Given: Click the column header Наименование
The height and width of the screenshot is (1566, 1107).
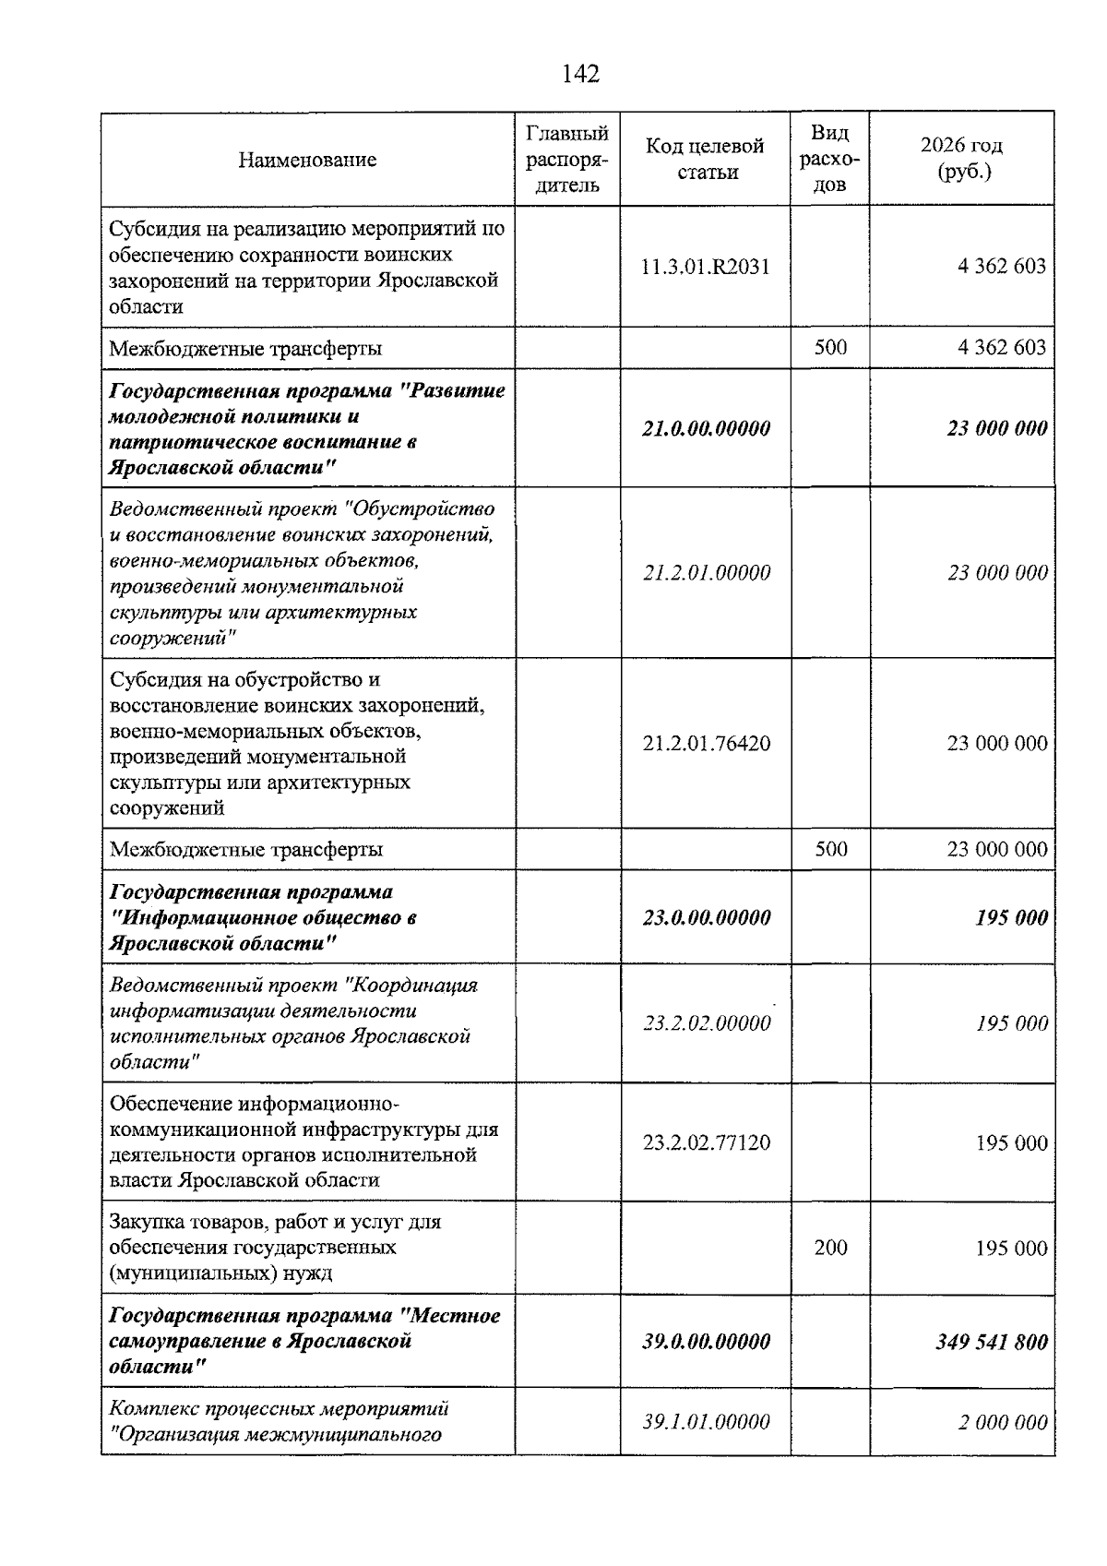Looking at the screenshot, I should tap(307, 160).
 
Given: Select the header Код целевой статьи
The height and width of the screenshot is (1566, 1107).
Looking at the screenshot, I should tap(705, 159).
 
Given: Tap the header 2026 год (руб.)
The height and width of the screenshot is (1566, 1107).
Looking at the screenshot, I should tap(961, 159).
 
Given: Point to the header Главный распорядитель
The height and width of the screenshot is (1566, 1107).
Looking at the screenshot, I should tap(566, 160).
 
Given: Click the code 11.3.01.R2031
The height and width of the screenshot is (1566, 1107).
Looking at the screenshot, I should tap(705, 267).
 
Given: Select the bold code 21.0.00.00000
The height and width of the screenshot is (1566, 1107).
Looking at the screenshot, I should tap(706, 428).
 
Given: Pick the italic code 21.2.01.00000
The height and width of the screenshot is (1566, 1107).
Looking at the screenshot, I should tap(706, 573).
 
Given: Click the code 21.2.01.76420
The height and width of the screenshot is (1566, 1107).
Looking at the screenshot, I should tap(706, 744).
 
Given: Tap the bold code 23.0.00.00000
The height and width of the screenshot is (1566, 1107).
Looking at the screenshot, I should tap(706, 918).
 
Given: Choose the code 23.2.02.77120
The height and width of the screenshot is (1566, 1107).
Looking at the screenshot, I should tap(706, 1143).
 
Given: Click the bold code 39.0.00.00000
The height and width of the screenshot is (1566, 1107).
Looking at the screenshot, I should tap(706, 1342).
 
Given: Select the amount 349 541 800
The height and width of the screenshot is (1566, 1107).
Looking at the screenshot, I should tap(991, 1342).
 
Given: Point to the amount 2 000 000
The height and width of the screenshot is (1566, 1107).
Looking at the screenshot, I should tap(1002, 1422).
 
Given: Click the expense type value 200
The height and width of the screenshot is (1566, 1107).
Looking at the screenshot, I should tap(830, 1248).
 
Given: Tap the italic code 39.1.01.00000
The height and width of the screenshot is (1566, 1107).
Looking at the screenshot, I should tap(706, 1422).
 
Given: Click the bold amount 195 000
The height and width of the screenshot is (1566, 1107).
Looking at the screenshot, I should tap(1011, 918).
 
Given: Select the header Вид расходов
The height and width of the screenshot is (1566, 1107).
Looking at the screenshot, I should tap(829, 159).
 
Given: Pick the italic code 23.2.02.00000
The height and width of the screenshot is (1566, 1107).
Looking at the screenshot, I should tap(706, 1024).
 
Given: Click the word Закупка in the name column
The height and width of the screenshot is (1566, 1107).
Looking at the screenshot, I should tap(143, 1223).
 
